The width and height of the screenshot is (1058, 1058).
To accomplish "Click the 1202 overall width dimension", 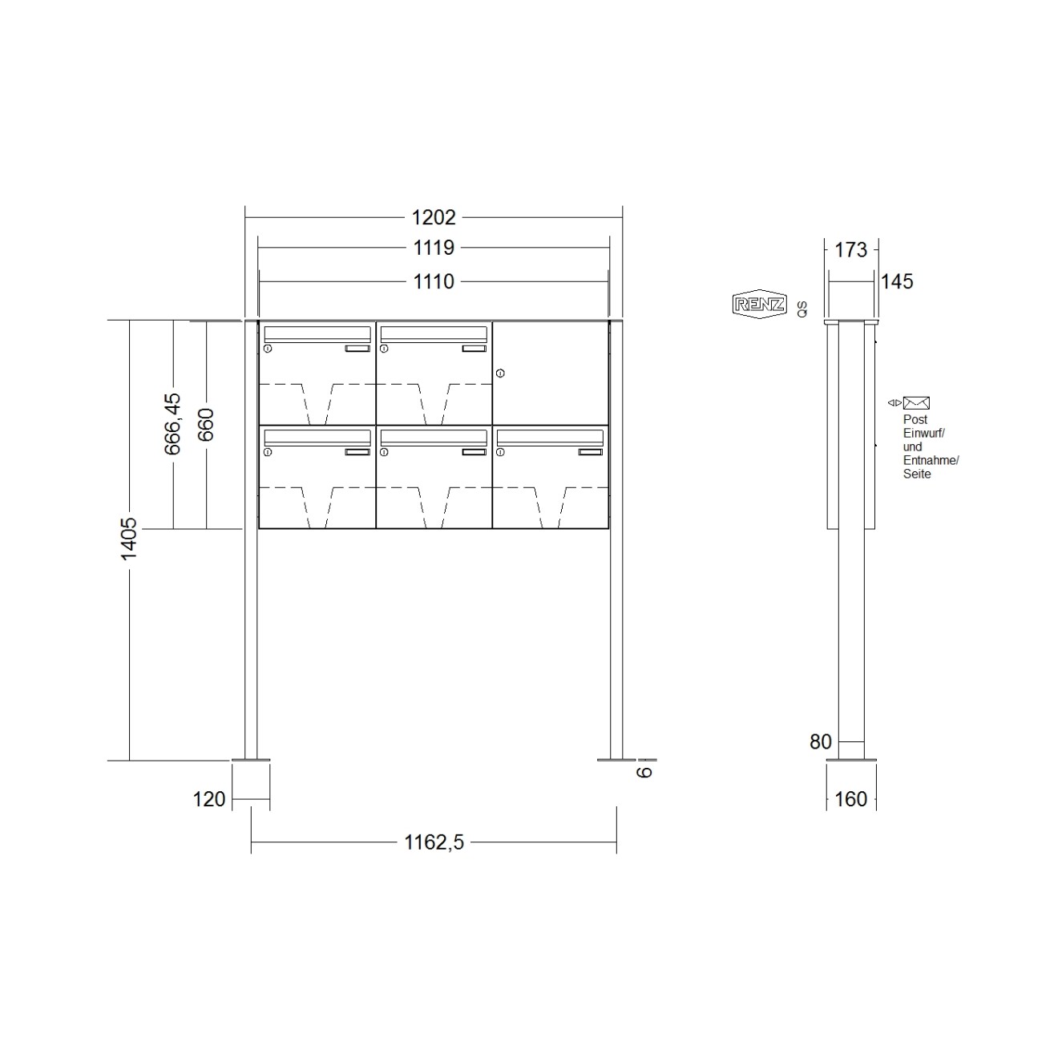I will tap(434, 217).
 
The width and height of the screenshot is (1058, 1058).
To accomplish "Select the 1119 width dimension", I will tap(434, 248).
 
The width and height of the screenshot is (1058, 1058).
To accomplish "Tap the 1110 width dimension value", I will tap(434, 282).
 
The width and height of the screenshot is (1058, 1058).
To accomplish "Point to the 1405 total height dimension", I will tap(129, 539).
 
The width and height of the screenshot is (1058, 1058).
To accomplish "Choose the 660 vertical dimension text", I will tap(206, 424).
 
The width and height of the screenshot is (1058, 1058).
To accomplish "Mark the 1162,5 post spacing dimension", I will tap(434, 842).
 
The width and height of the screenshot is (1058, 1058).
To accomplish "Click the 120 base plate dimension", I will tap(209, 799).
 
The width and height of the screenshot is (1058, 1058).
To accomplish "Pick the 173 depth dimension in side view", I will tap(850, 250).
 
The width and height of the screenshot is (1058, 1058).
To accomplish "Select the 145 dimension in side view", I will tap(897, 282).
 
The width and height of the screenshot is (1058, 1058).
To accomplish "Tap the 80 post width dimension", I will tap(820, 742).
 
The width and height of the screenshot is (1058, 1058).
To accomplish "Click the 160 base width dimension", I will tap(850, 799).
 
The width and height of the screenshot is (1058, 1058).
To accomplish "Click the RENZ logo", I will tap(759, 305).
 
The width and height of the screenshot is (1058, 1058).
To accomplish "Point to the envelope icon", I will tap(916, 403).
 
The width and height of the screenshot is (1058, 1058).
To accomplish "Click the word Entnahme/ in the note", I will tap(931, 460).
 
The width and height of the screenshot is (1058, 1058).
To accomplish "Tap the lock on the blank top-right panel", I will tap(500, 373).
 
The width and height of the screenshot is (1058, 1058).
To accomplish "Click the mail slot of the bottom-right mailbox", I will tap(550, 437).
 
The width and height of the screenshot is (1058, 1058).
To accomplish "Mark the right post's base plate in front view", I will tap(616, 758).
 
